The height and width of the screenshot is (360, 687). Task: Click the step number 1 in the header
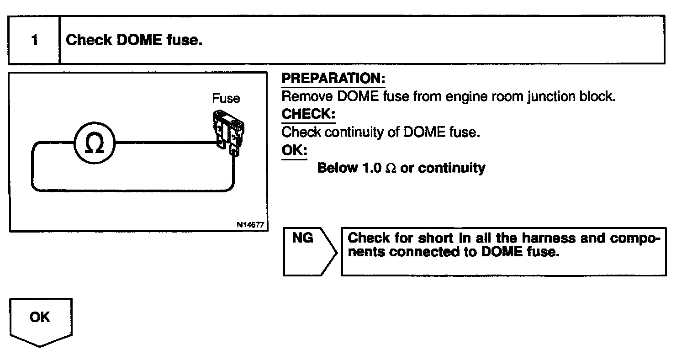coord(34,41)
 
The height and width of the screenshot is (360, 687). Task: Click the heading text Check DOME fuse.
coord(134,40)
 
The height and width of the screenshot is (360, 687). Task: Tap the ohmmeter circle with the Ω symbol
coord(95,143)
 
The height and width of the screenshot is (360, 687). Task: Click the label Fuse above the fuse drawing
coord(226,98)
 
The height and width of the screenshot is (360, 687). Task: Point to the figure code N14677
coord(250,224)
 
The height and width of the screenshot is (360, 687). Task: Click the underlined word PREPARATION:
coord(333,79)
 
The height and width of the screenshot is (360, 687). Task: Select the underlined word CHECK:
coord(308,114)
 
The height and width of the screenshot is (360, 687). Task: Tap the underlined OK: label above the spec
coord(294,150)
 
